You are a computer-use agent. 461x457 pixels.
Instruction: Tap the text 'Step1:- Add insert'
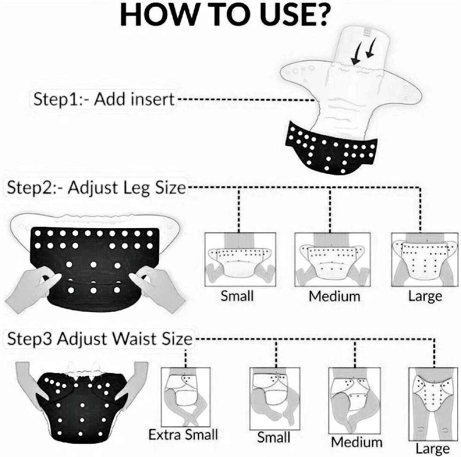(104, 99)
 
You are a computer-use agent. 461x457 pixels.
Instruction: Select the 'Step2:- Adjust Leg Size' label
(96, 188)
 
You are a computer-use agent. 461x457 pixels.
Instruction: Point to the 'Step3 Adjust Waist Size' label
(100, 339)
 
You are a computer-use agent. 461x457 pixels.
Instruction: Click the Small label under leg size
(237, 296)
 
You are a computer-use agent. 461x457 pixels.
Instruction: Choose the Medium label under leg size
(334, 296)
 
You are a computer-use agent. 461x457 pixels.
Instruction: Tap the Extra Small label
(183, 434)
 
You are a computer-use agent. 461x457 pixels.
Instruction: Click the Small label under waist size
(273, 437)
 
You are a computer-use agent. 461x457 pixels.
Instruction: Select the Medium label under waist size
(357, 442)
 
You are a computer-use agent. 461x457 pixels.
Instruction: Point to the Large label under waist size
(432, 449)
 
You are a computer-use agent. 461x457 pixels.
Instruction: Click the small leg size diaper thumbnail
(240, 259)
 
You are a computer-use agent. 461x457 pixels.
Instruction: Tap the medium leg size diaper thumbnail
(332, 259)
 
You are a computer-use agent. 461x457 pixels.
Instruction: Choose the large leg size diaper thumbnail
(425, 259)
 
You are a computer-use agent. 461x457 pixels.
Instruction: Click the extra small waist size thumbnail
(185, 397)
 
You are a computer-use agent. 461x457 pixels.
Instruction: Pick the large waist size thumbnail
(434, 404)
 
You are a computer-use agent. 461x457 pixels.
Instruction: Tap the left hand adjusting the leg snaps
(32, 286)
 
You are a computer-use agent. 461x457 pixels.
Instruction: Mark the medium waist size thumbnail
(354, 400)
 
